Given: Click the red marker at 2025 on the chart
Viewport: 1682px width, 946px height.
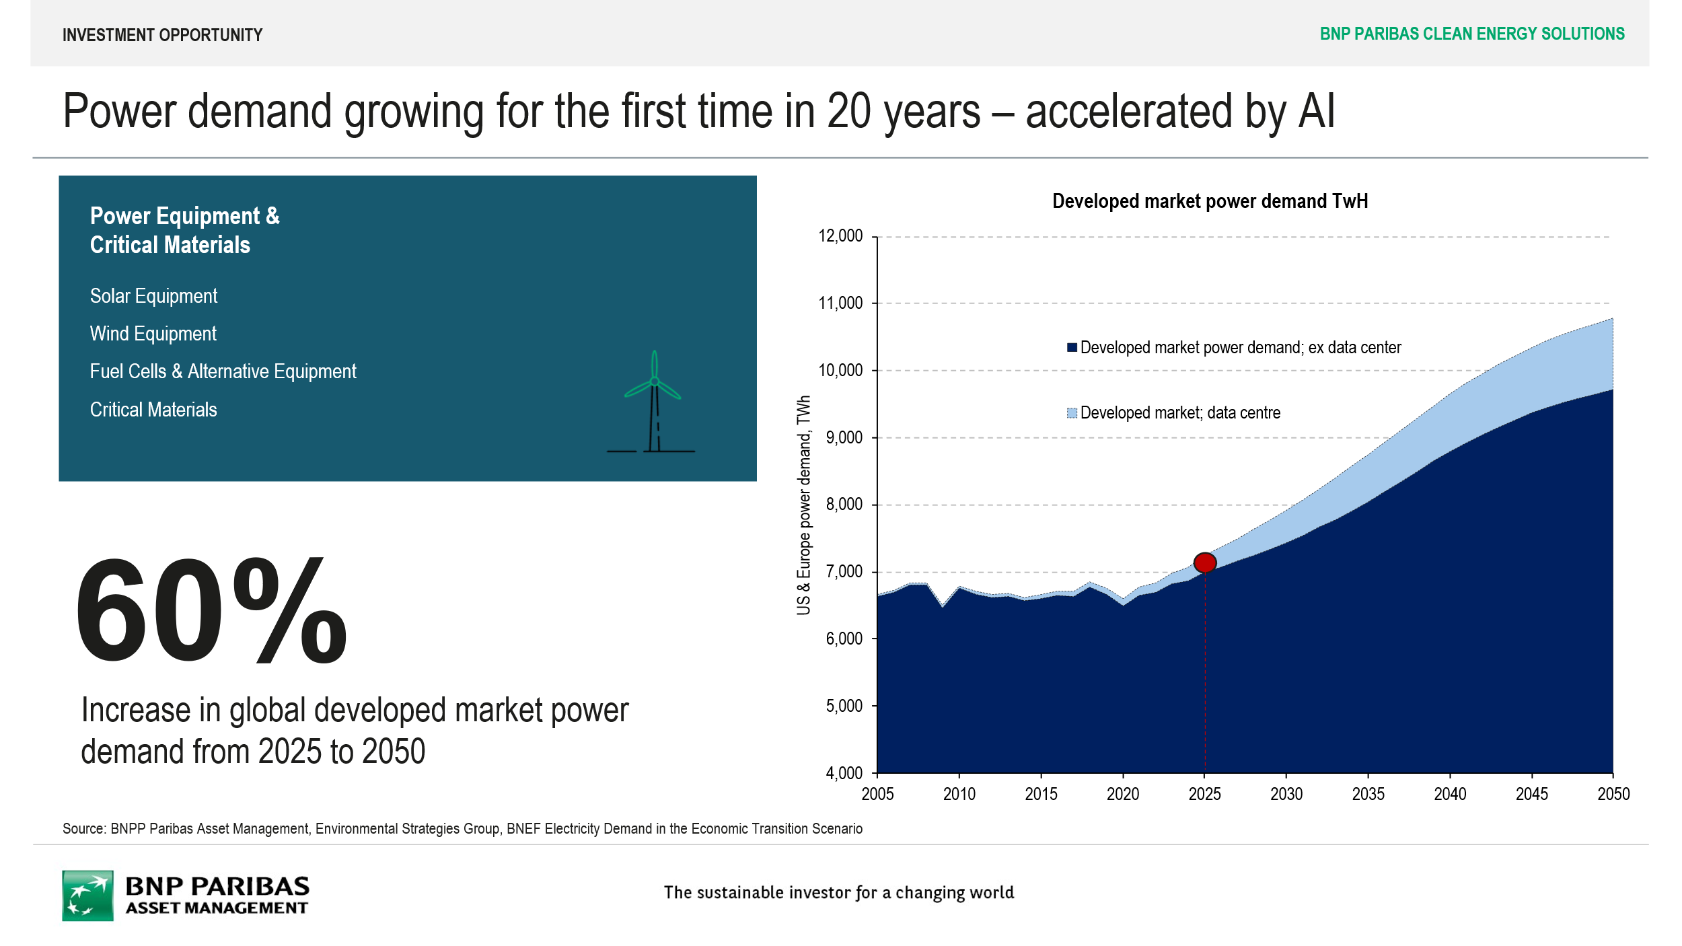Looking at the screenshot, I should (x=1204, y=562).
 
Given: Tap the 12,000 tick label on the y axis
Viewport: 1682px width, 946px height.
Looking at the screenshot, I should (x=840, y=236).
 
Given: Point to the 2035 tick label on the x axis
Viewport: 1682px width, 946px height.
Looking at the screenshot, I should (x=1368, y=794).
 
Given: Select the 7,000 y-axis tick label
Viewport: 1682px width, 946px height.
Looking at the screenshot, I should (x=844, y=571).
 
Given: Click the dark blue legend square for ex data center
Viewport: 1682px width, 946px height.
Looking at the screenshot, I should (x=1072, y=347).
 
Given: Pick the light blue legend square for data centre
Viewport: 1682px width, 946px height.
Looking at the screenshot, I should (x=1072, y=412).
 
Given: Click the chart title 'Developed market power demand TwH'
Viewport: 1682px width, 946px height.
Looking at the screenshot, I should (x=1209, y=201).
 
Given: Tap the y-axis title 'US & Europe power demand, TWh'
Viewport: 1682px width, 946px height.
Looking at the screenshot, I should (x=803, y=505).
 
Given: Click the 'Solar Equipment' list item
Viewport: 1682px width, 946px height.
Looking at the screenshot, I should (x=153, y=296).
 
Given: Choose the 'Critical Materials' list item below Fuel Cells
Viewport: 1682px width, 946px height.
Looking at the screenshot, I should (x=153, y=410).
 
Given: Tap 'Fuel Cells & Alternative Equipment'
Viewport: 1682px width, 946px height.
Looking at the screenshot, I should (x=223, y=371).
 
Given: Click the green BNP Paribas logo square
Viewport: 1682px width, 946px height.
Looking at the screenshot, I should (x=87, y=896).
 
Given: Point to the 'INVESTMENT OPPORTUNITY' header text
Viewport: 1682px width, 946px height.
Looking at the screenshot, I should (x=162, y=35).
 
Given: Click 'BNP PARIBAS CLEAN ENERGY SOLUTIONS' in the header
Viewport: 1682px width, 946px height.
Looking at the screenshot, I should (x=1471, y=34).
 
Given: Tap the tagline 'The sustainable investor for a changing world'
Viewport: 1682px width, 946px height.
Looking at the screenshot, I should (x=838, y=892).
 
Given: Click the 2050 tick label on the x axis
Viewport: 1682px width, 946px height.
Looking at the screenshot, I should (x=1613, y=794).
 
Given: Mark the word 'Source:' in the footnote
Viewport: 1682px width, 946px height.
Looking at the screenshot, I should (x=84, y=829).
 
